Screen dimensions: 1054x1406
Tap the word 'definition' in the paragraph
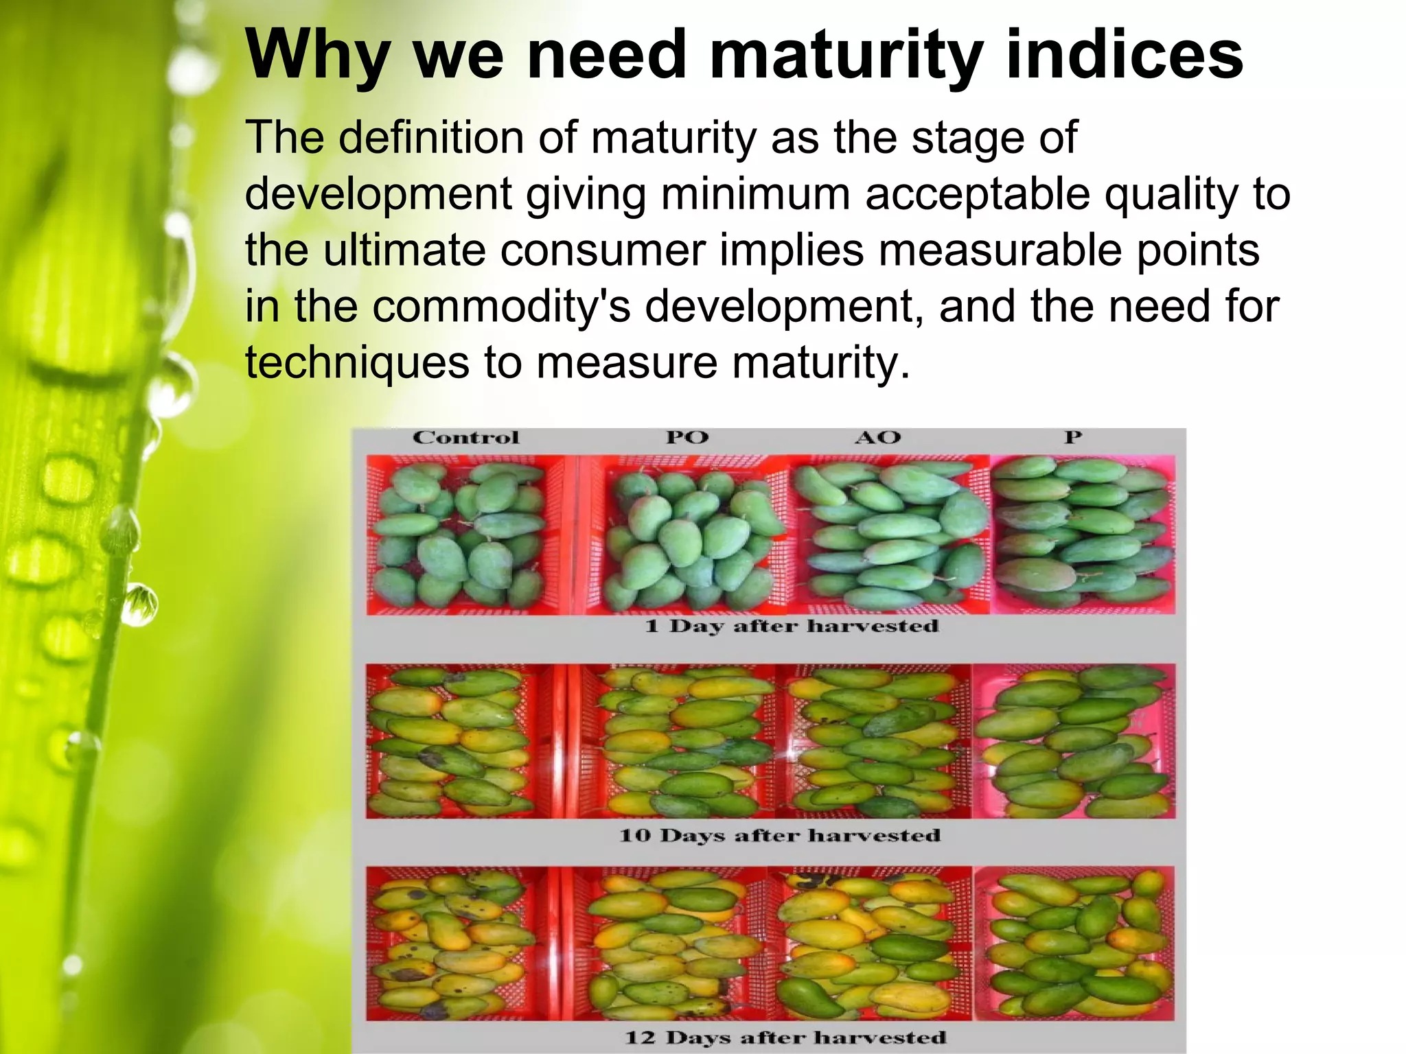tap(430, 137)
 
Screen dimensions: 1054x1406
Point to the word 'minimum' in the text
tap(755, 194)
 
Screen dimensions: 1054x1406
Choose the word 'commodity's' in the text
tap(501, 306)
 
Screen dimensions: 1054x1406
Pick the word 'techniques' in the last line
tap(357, 362)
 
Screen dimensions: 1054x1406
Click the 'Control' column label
tap(465, 438)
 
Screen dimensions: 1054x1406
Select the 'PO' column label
tap(687, 438)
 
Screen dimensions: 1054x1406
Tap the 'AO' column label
tap(877, 438)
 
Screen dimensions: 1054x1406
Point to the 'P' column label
tap(1072, 438)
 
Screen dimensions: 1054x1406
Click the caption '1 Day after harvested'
tap(791, 626)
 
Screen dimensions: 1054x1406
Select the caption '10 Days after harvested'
tap(780, 835)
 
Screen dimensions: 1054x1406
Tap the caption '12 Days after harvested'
tap(785, 1037)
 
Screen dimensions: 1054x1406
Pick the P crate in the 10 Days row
tap(1074, 741)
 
